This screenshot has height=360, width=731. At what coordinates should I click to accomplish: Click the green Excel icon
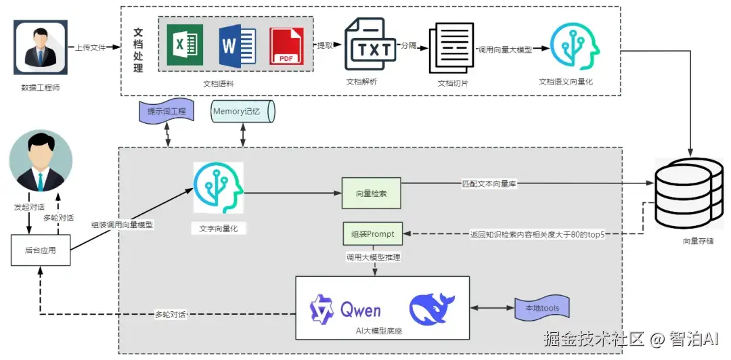[x=185, y=45]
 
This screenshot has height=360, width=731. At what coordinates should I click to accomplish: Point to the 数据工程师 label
[x=40, y=87]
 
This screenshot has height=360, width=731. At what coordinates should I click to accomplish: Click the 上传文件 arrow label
[x=90, y=47]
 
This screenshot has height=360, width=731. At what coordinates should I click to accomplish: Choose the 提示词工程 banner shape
[x=167, y=111]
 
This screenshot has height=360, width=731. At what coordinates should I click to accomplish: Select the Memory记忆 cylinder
[x=242, y=111]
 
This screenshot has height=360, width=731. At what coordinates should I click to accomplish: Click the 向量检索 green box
[x=371, y=194]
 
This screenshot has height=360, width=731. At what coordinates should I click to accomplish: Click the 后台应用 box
[x=40, y=250]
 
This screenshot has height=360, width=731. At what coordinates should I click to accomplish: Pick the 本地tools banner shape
[x=542, y=309]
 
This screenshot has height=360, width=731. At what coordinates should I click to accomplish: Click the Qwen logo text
[x=359, y=311]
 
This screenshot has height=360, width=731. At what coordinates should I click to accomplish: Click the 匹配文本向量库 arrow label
[x=490, y=183]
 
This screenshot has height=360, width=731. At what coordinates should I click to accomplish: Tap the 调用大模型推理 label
[x=373, y=257]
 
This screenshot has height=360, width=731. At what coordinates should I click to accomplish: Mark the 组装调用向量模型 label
[x=122, y=225]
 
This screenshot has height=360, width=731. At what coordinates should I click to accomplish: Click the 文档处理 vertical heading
[x=138, y=51]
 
